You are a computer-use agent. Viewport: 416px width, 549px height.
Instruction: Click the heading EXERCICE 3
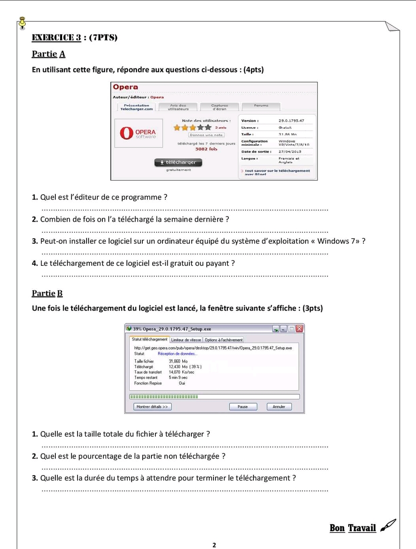tap(57, 38)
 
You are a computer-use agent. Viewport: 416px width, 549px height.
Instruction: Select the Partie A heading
tap(48, 54)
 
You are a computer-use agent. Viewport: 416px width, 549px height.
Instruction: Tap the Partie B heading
tap(47, 293)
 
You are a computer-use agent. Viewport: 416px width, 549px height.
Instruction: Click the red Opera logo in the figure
tap(127, 133)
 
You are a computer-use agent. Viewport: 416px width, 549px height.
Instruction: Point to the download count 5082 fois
tap(206, 149)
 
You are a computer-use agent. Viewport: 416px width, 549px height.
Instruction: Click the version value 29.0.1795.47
tap(291, 120)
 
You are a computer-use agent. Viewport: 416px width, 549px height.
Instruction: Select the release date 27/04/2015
tap(289, 151)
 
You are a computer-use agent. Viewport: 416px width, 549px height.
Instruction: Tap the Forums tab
tap(261, 106)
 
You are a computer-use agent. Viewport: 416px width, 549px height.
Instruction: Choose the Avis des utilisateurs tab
tap(178, 107)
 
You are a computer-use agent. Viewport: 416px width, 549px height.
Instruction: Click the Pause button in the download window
tap(243, 406)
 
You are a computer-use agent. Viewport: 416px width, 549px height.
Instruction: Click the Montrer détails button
tap(152, 406)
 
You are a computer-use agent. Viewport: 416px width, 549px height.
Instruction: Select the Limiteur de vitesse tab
tap(186, 340)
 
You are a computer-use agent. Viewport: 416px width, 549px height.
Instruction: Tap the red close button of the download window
tap(299, 329)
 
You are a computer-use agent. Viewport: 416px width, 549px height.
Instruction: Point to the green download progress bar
tap(164, 397)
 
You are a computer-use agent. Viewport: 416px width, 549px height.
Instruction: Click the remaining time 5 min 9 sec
tap(178, 378)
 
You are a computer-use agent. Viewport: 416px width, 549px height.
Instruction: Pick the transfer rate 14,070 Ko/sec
tap(182, 372)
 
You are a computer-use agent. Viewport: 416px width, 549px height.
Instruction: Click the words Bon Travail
tap(352, 528)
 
